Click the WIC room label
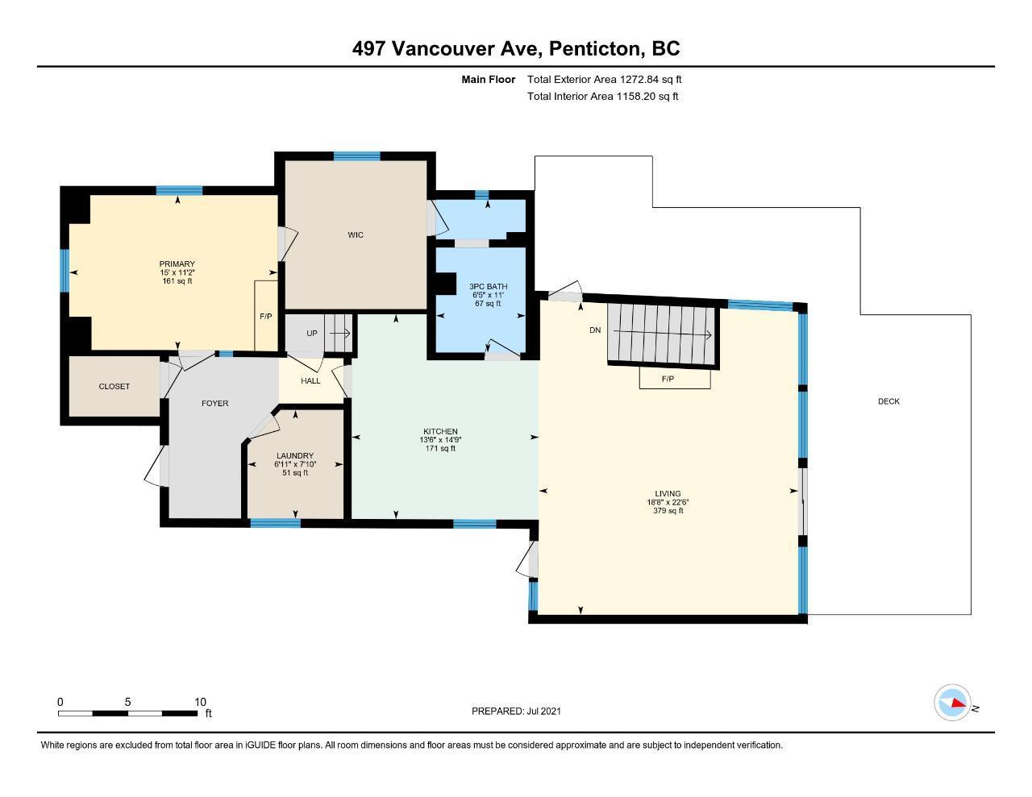356,235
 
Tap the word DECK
888,401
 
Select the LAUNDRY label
295,455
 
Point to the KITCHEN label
440,431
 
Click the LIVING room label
668,494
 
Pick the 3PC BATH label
489,287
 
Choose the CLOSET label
114,386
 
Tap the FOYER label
215,404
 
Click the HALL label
310,380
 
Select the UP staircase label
312,334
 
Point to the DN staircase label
595,330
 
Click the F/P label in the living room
668,379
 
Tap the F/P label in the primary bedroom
266,316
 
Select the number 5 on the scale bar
127,702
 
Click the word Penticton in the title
597,49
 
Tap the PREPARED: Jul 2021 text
516,711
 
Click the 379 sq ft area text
668,511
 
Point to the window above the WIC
356,156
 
